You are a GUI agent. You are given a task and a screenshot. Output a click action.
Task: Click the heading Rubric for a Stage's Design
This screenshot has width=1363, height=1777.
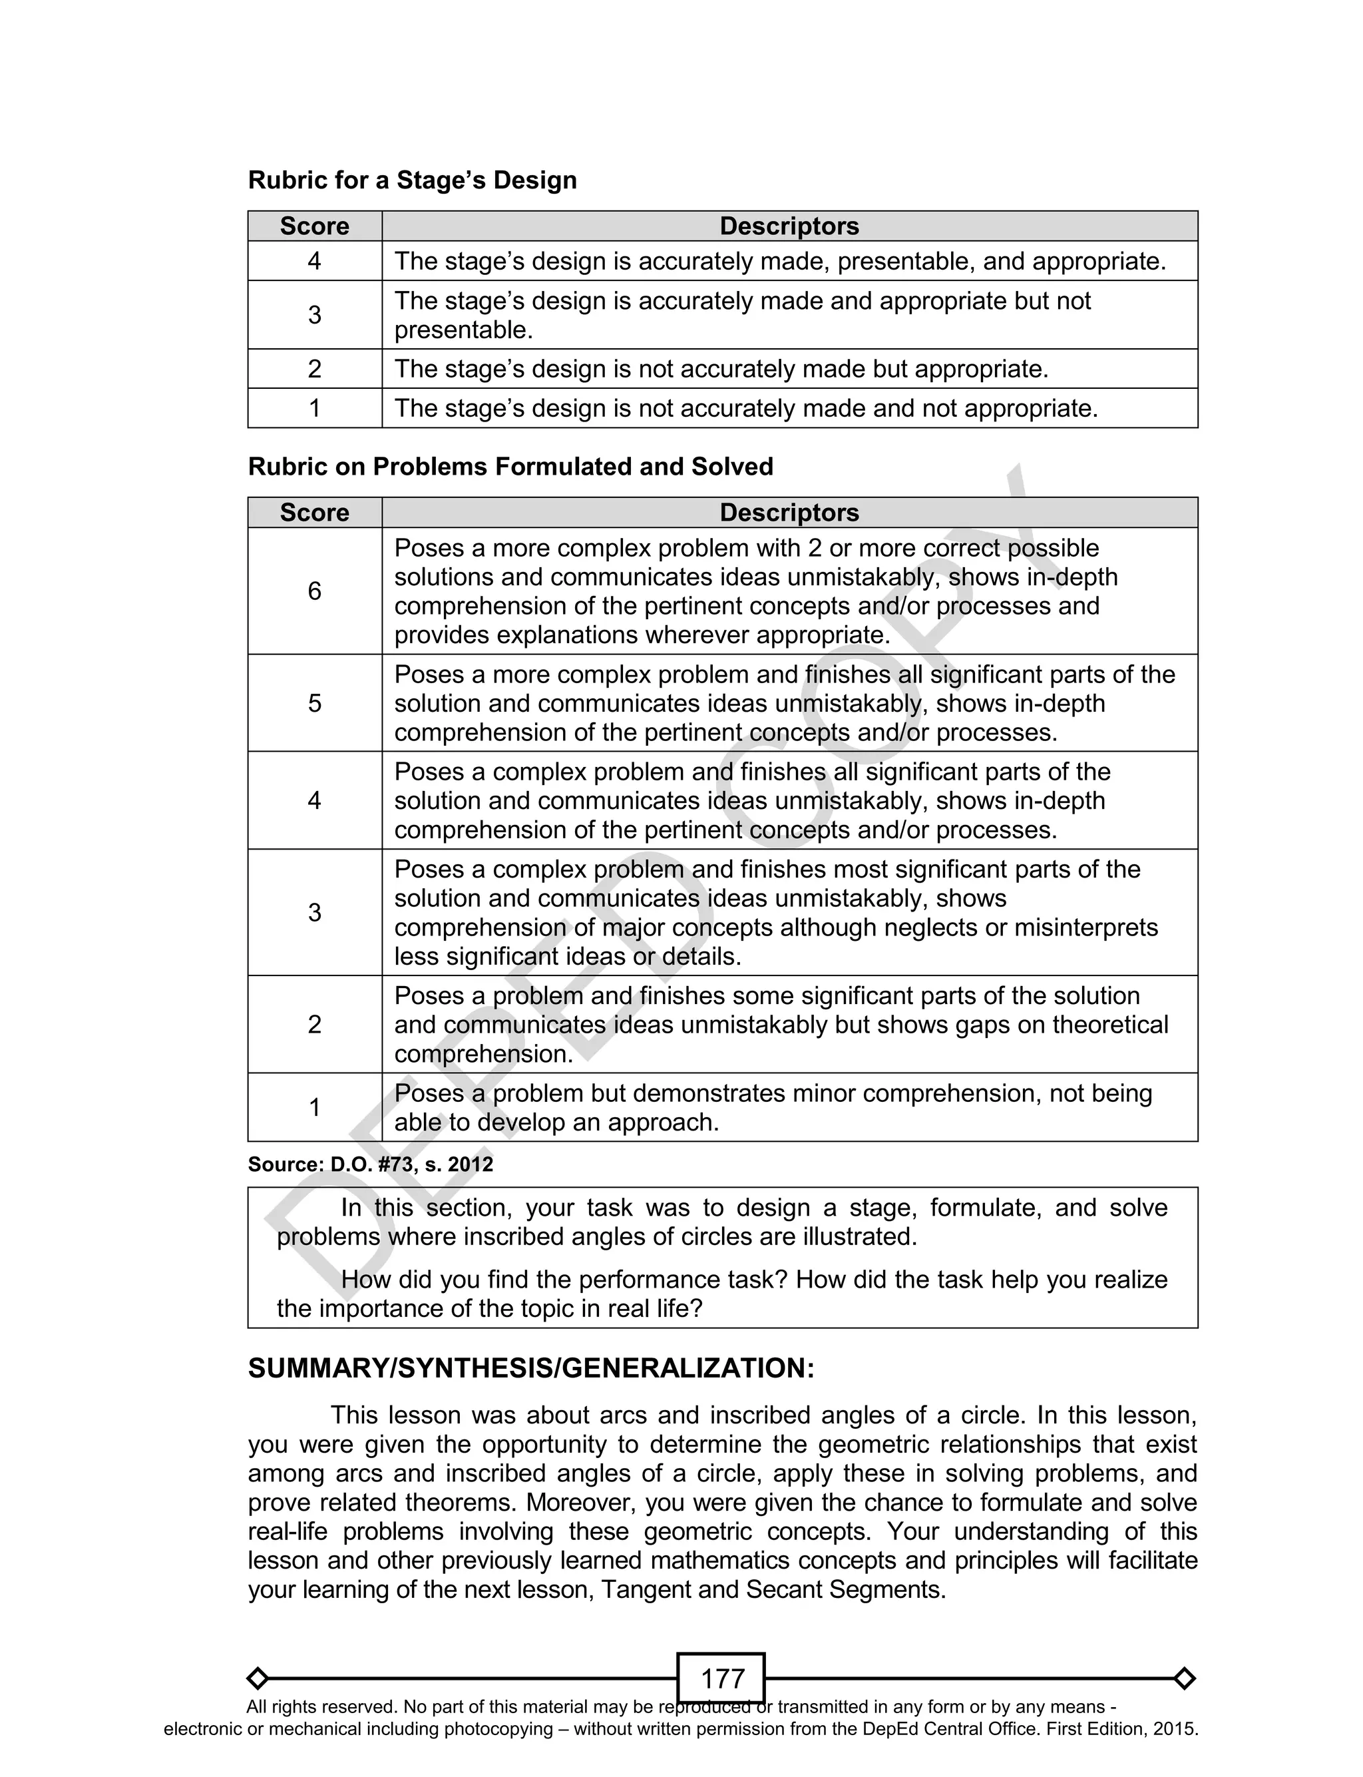[x=412, y=180]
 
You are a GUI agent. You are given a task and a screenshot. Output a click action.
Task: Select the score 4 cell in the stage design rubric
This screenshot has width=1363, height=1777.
[x=315, y=261]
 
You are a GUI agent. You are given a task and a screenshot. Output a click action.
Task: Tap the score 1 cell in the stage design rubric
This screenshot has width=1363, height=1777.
[x=315, y=408]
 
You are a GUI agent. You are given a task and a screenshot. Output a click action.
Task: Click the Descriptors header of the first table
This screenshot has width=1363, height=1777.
[x=789, y=226]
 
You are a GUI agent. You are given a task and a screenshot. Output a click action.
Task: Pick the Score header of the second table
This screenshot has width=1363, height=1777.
[x=315, y=513]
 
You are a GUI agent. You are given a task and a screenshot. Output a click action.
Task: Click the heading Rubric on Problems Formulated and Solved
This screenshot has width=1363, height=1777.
[x=510, y=467]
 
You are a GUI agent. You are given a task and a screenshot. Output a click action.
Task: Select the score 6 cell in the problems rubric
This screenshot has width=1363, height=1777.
[x=315, y=591]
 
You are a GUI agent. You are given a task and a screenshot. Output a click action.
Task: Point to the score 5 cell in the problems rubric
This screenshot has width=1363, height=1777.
[x=315, y=702]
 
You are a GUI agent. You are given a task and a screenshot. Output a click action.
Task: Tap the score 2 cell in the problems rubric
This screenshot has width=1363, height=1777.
[x=315, y=1024]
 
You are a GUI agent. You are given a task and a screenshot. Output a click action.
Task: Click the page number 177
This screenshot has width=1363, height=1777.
[x=721, y=1678]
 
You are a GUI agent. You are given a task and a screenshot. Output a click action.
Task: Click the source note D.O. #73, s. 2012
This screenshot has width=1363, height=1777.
[x=371, y=1164]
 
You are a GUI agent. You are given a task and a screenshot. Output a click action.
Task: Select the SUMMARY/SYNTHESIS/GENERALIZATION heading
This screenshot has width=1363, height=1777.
[x=530, y=1368]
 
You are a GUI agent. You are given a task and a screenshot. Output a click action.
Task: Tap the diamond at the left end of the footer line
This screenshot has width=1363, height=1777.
[x=258, y=1678]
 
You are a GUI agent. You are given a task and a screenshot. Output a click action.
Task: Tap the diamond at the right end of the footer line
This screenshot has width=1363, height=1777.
[x=1185, y=1678]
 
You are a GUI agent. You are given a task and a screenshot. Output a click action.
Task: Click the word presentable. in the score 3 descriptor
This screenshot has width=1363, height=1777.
[x=463, y=330]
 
